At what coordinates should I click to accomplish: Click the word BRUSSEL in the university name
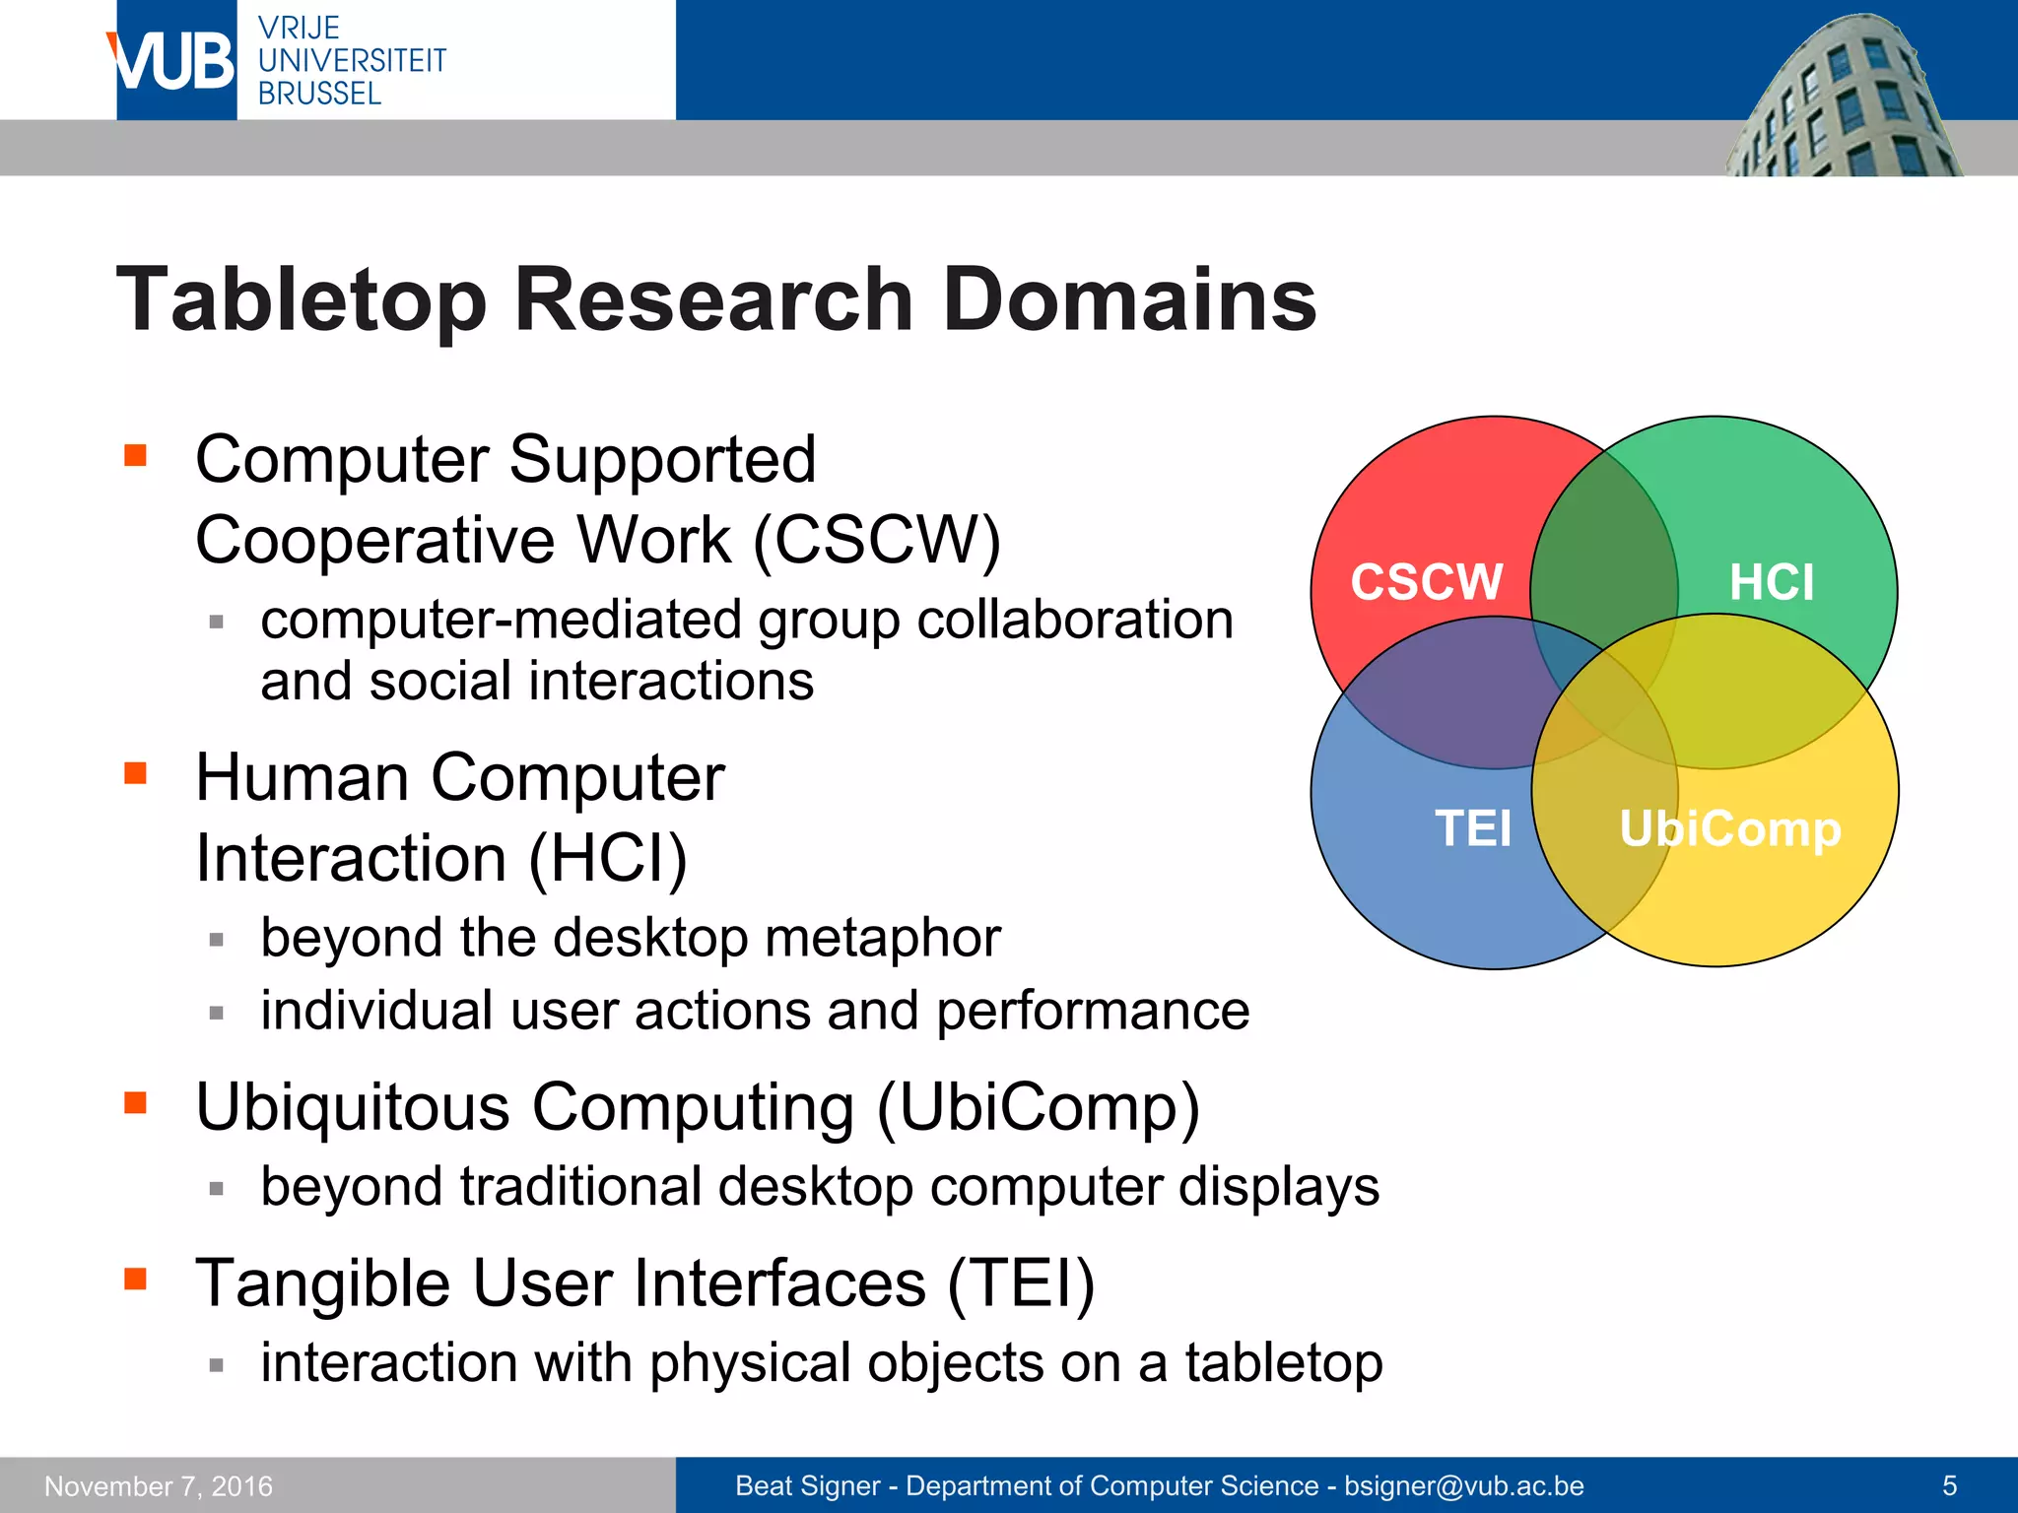coord(319,95)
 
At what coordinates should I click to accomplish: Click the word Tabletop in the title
coord(302,300)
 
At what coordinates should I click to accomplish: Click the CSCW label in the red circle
coord(1426,582)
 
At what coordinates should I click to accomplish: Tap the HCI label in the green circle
coord(1771,582)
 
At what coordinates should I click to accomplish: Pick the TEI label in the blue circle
coord(1472,828)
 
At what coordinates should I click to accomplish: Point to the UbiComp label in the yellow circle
coord(1729,828)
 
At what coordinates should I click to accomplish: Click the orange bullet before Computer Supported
coord(135,455)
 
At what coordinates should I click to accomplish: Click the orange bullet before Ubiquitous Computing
coord(135,1102)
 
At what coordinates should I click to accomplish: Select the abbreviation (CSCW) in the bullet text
coord(877,541)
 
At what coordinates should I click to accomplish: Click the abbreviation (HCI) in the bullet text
coord(607,858)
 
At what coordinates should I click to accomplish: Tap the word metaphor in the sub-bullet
coord(882,938)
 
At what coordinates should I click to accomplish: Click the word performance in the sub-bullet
coord(1092,1012)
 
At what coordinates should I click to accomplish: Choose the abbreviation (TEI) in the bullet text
coord(1020,1284)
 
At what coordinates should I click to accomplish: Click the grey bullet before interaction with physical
coord(217,1365)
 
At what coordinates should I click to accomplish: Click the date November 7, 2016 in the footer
coord(159,1485)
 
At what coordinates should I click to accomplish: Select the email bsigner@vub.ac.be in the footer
coord(1463,1485)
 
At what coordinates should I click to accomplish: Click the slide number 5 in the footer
coord(1949,1485)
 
